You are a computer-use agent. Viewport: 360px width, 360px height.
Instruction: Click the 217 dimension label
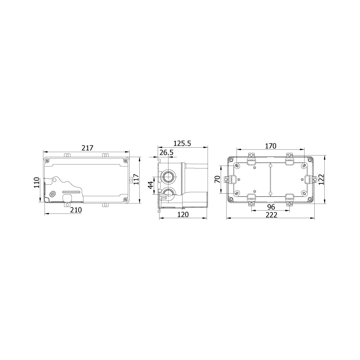tap(87, 148)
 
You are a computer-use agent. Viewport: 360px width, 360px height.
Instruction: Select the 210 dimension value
tap(76, 210)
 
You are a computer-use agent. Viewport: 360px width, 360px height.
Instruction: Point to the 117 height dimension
tap(136, 180)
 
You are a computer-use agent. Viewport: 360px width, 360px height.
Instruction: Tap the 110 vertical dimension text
tap(37, 183)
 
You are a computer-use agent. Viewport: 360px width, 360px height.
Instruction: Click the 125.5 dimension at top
tap(182, 144)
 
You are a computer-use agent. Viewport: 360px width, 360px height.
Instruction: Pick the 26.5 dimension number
tap(166, 152)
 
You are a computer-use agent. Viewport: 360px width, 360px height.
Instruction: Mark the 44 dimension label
tap(150, 185)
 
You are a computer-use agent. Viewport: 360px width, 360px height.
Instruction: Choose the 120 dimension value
tap(183, 215)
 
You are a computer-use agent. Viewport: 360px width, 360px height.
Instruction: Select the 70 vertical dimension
tap(217, 179)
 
